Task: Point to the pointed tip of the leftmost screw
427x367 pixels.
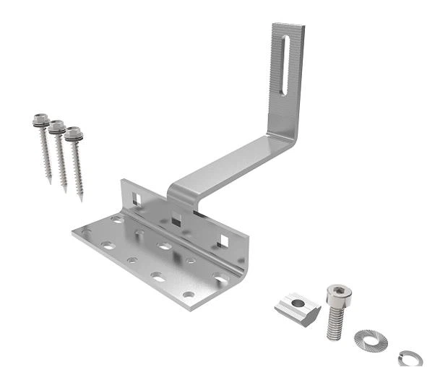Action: point(50,182)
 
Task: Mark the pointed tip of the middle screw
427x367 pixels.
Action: point(66,191)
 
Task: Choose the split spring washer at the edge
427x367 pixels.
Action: point(407,357)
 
